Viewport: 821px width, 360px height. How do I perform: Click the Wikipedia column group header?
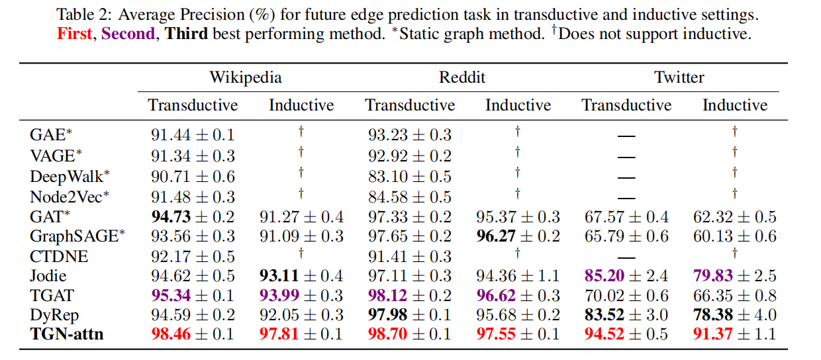pyautogui.click(x=246, y=77)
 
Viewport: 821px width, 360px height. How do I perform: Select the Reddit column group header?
pyautogui.click(x=462, y=77)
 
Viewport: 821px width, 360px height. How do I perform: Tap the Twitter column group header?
pyautogui.click(x=679, y=77)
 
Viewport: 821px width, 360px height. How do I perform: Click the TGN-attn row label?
pyautogui.click(x=67, y=334)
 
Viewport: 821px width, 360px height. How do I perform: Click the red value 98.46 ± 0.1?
pyautogui.click(x=192, y=334)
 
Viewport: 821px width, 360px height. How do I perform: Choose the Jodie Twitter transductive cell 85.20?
pyautogui.click(x=626, y=275)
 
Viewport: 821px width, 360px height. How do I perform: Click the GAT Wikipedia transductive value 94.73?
pyautogui.click(x=192, y=216)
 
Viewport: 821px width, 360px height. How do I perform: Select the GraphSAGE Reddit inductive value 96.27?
pyautogui.click(x=518, y=236)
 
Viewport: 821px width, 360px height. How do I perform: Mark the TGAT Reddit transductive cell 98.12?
pyautogui.click(x=409, y=295)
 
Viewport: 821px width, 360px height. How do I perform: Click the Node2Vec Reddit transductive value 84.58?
pyautogui.click(x=409, y=197)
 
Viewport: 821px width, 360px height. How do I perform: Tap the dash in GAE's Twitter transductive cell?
pyautogui.click(x=626, y=136)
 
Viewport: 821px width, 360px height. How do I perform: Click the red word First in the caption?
pyautogui.click(x=74, y=34)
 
